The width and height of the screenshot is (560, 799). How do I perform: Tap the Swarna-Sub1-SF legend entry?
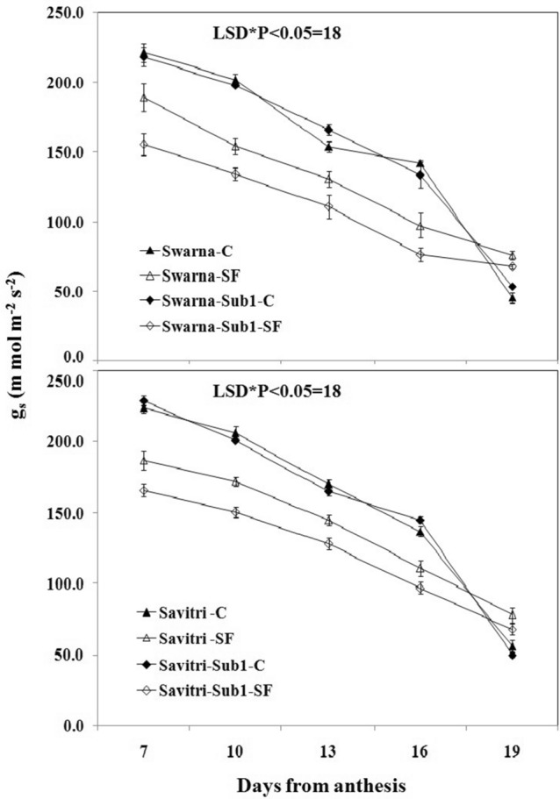(x=208, y=322)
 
